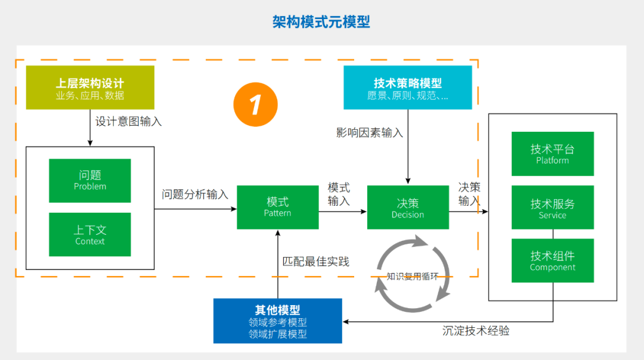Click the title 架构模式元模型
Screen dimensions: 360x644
click(x=321, y=22)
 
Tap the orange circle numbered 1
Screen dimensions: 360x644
click(x=255, y=104)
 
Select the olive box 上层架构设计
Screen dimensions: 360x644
click(x=90, y=88)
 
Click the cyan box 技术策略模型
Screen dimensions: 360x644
click(x=408, y=88)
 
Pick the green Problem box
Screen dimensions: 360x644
click(x=90, y=180)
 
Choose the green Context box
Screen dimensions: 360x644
click(x=90, y=234)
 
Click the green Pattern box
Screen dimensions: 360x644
click(x=277, y=207)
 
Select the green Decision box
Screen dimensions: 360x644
click(x=408, y=207)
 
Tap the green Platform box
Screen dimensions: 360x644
click(x=552, y=153)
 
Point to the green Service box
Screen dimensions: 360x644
click(x=552, y=207)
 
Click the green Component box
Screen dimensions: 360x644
click(x=552, y=260)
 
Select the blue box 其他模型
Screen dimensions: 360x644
click(x=277, y=321)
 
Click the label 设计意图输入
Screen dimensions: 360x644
click(x=128, y=121)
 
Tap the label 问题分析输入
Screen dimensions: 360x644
click(x=195, y=194)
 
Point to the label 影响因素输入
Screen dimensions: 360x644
click(x=369, y=132)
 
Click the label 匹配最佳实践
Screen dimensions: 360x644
click(x=315, y=261)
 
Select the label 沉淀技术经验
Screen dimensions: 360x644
click(x=476, y=330)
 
